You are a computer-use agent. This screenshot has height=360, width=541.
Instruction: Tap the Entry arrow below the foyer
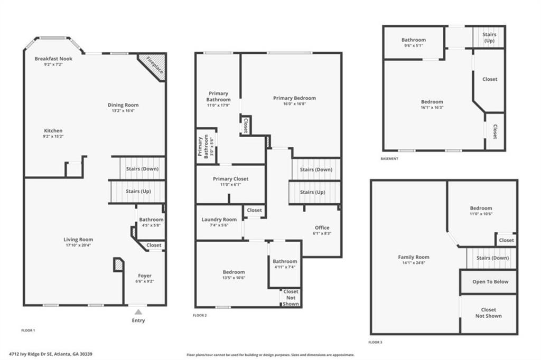pos(138,312)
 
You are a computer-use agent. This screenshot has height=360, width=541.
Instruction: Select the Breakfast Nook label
pos(53,59)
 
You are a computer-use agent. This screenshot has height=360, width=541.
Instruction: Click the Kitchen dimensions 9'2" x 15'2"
pos(53,136)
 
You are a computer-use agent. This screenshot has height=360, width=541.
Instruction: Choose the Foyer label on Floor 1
pos(145,276)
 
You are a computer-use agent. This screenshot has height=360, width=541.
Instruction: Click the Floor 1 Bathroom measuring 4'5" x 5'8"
pos(151,220)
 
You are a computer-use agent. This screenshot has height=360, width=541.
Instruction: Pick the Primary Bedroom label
pos(294,98)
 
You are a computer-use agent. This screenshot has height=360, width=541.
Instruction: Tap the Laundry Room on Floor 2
pos(219,220)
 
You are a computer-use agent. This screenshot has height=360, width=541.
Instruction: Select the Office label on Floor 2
pos(322,228)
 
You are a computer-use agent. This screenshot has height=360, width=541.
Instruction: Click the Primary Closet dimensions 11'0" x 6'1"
pos(230,185)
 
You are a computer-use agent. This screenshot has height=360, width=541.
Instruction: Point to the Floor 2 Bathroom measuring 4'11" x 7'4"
pos(285,261)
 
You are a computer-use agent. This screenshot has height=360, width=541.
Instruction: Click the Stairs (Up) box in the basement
pos(489,37)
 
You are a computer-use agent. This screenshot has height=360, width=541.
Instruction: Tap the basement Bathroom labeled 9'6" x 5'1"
pos(413,40)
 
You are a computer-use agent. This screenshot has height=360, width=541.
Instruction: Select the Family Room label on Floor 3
pos(414,257)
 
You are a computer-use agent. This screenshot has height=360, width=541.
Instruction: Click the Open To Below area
pos(490,281)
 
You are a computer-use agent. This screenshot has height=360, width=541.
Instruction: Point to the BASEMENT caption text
pos(389,158)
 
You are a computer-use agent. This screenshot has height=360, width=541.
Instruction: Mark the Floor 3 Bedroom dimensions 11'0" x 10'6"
pos(481,214)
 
